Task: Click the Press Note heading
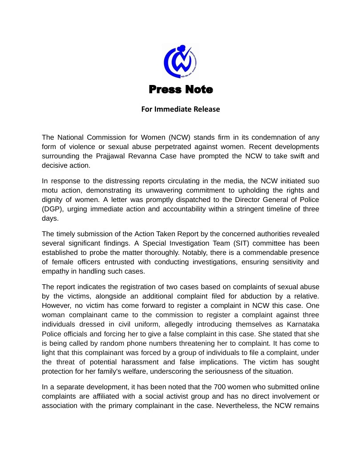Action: pos(181,89)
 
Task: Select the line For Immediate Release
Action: pos(181,109)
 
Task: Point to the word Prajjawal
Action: pos(110,156)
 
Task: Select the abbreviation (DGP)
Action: pos(52,209)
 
